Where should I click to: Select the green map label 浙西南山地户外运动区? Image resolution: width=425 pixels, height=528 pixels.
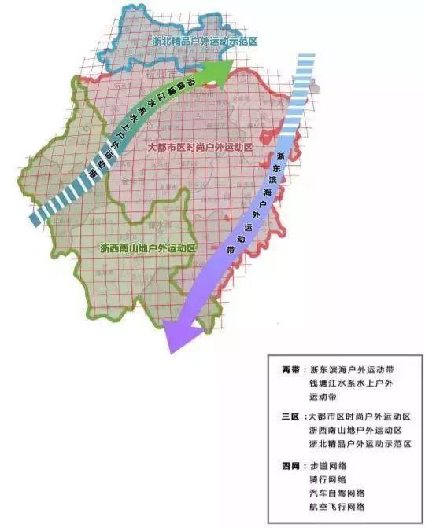pyautogui.click(x=148, y=247)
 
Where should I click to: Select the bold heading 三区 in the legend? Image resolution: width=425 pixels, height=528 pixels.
pyautogui.click(x=291, y=416)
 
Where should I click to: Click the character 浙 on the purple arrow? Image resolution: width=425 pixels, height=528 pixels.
pyautogui.click(x=276, y=156)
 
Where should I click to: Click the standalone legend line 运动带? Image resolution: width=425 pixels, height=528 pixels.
pyautogui.click(x=323, y=398)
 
